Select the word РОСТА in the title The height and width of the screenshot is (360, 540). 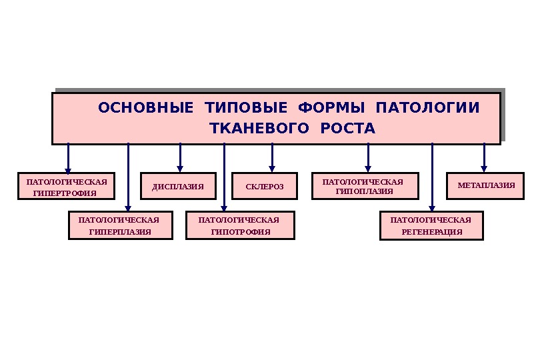tap(348, 128)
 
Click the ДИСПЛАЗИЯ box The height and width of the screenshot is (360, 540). tap(178, 187)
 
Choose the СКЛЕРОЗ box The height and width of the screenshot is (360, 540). tap(264, 187)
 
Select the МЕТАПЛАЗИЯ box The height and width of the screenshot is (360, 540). tap(486, 185)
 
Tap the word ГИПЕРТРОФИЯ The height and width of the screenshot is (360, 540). tap(65, 193)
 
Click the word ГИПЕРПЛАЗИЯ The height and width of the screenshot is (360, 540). tap(121, 232)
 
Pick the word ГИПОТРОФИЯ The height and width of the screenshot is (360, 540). tap(240, 232)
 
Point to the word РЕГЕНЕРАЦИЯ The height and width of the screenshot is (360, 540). tap(431, 232)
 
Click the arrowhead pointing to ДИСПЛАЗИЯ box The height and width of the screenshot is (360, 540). tap(180, 168)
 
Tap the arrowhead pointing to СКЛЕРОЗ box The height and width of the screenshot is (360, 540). tap(272, 168)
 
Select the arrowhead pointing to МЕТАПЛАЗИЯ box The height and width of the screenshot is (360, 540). tap(484, 167)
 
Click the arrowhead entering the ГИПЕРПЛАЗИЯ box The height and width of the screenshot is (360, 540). tap(129, 207)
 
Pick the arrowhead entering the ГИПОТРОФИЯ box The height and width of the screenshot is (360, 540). tap(224, 207)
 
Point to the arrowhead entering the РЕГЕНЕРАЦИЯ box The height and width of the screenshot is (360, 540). tap(432, 207)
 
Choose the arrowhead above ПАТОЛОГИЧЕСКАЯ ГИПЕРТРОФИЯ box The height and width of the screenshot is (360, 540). tap(68, 168)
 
